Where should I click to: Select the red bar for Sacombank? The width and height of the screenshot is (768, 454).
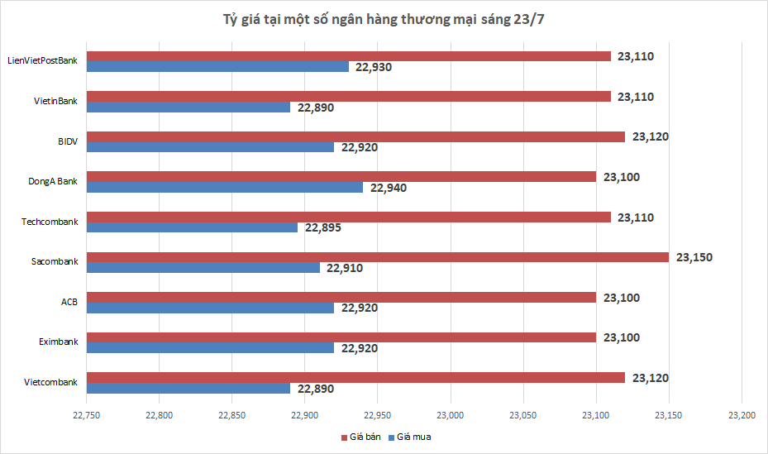pos(378,257)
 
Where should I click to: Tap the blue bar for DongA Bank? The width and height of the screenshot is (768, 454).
pos(225,188)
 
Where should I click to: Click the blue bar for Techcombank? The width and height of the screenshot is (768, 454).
pos(192,227)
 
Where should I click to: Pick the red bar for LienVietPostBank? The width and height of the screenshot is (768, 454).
pos(349,56)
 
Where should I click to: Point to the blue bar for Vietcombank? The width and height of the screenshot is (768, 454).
pos(188,389)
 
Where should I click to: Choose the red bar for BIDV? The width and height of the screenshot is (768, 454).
pos(355,136)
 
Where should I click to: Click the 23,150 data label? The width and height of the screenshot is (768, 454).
pos(694,257)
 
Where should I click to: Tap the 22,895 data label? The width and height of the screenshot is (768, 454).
pos(323,228)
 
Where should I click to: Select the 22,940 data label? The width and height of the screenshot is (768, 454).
pos(388,188)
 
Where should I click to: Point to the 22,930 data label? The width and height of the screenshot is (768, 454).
pos(374,67)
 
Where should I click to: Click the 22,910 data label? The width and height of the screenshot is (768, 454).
pos(345,268)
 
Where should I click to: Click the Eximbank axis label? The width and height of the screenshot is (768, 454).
pos(58,342)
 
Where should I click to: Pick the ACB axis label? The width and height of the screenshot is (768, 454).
pos(69,302)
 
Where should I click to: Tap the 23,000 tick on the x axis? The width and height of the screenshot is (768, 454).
pos(451,414)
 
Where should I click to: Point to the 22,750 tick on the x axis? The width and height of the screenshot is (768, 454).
pos(87,414)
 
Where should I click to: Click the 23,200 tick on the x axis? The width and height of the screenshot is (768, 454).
pos(742,414)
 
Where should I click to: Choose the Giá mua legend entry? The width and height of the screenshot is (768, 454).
pos(411,437)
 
